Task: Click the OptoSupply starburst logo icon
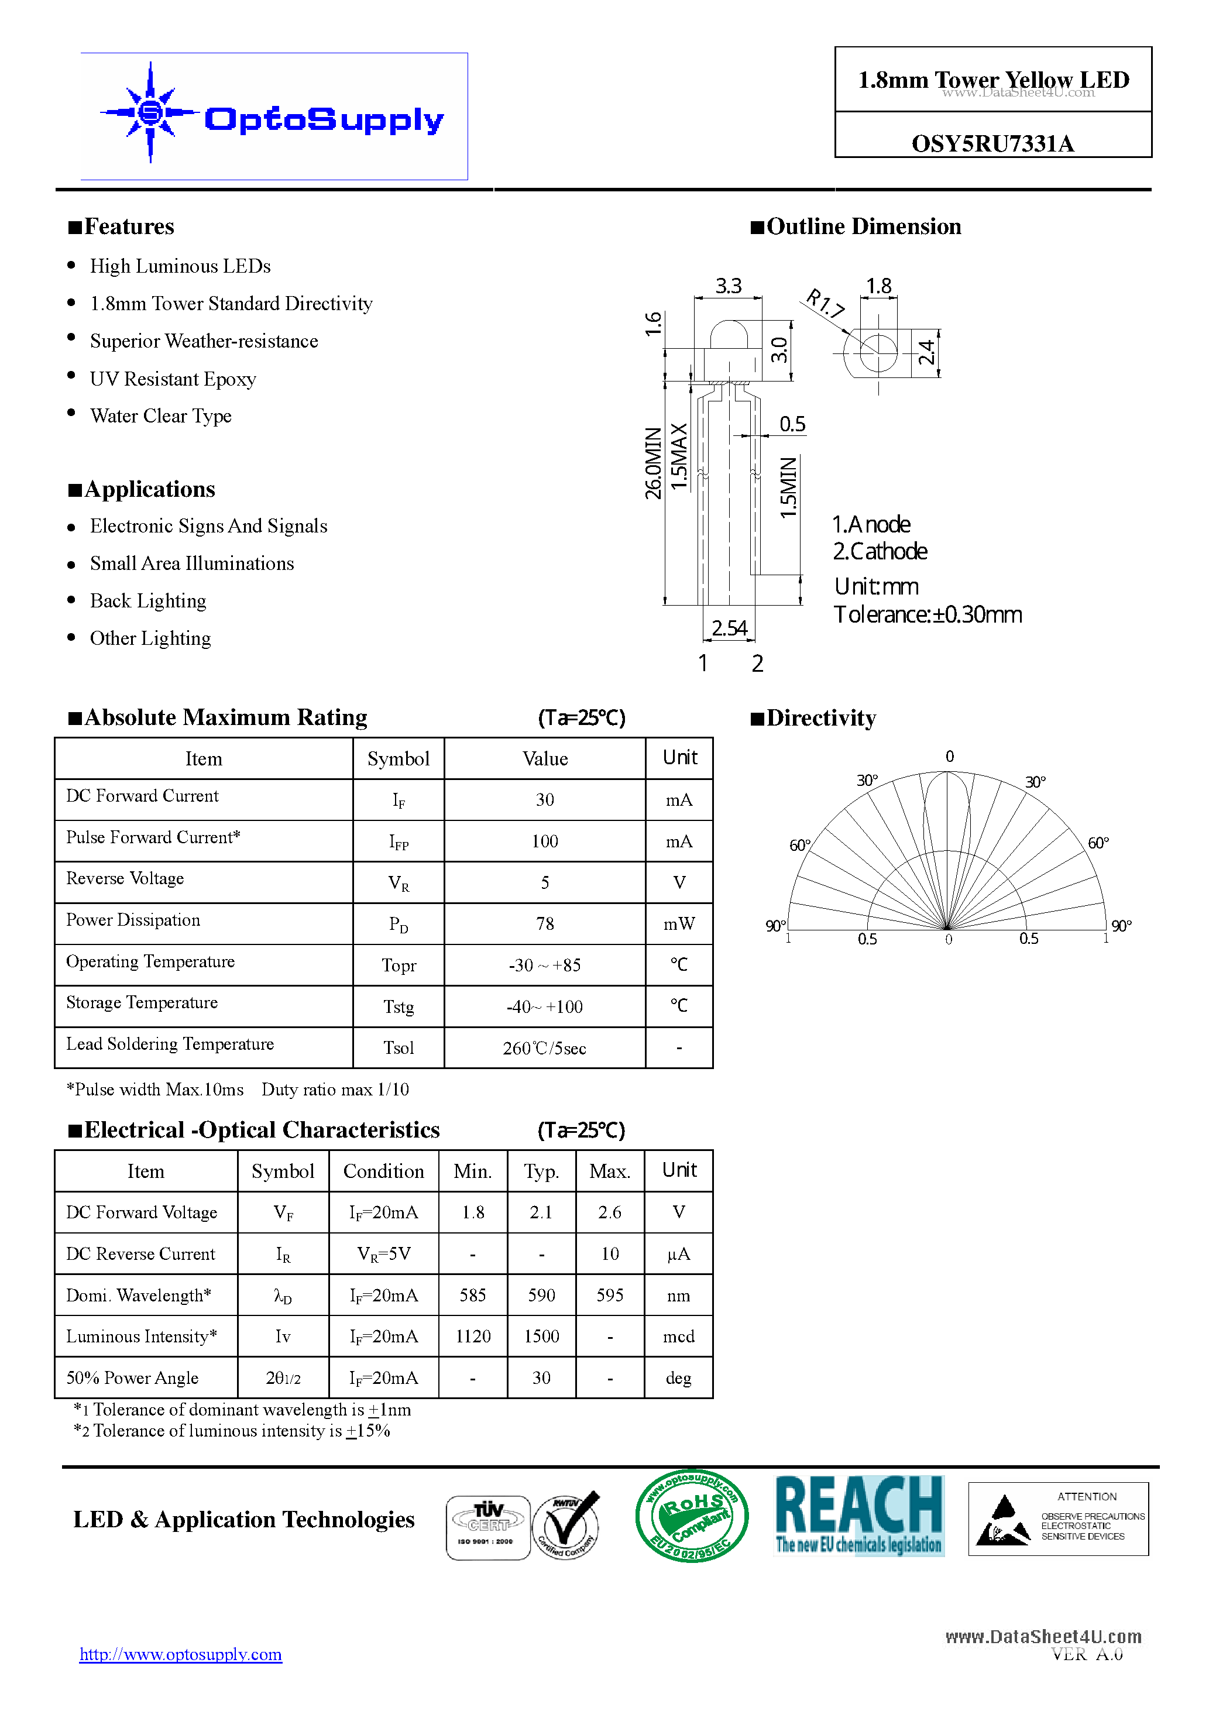coord(150,112)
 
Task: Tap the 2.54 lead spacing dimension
coord(729,628)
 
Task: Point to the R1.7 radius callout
coord(826,303)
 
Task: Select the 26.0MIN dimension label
coord(653,463)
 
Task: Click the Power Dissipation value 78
coord(545,924)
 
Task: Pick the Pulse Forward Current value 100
coord(545,841)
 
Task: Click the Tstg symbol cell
coord(399,1007)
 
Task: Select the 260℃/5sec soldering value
coord(545,1049)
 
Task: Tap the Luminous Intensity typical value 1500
coord(542,1336)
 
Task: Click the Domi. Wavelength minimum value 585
coord(473,1295)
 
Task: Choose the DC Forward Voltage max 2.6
coord(610,1212)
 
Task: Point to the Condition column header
coord(384,1171)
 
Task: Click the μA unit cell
coord(678,1254)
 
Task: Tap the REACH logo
coord(860,1516)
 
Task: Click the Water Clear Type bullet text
coord(161,416)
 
